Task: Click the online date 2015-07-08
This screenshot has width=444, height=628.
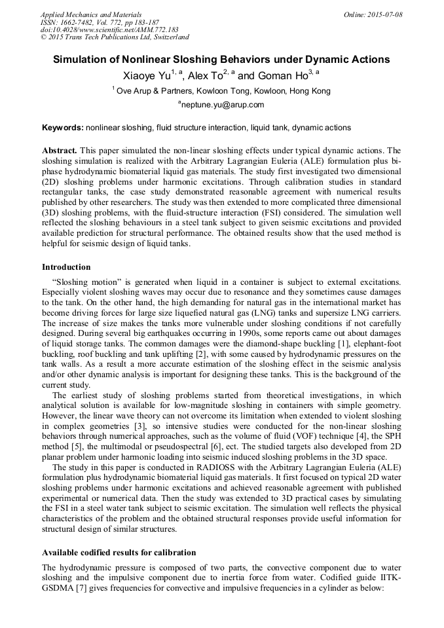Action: point(384,14)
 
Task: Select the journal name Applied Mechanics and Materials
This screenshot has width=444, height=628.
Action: point(91,14)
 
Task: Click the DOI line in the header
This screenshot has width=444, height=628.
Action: point(109,30)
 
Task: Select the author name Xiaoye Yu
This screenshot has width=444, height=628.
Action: point(147,76)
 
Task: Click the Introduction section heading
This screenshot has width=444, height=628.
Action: point(66,267)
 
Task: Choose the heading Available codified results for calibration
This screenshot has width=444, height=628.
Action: point(119,553)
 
